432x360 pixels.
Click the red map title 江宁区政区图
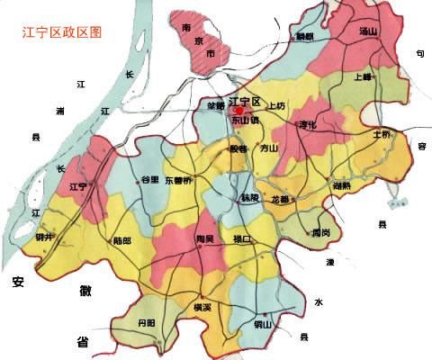click(x=62, y=31)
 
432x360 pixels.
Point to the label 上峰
click(x=364, y=77)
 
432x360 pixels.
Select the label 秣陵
click(x=249, y=196)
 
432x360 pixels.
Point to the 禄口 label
click(x=243, y=238)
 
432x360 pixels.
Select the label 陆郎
click(x=123, y=240)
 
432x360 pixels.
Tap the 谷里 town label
click(x=149, y=180)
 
